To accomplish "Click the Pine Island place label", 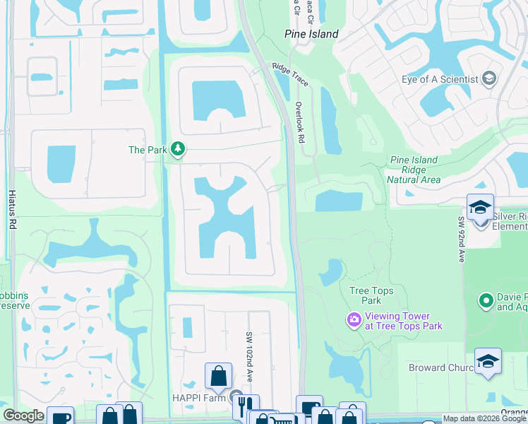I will (311, 34).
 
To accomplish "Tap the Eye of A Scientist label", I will (440, 79).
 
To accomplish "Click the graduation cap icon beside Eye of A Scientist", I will (488, 79).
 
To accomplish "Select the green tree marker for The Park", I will (179, 149).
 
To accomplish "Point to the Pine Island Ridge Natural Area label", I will (414, 170).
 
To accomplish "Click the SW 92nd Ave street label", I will (461, 240).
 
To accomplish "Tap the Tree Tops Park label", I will (371, 295).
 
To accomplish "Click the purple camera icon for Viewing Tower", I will (353, 321).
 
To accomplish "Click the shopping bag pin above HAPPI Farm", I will (218, 375).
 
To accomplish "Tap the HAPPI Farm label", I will (200, 398).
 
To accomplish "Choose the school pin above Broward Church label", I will (488, 360).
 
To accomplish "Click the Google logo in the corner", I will (23, 416).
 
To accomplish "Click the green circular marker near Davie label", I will (485, 301).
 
